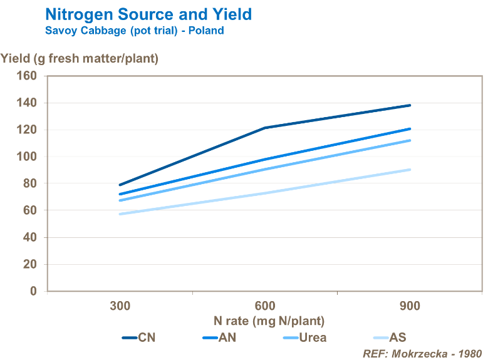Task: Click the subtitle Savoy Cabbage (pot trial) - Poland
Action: [134, 31]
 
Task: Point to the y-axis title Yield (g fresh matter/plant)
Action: [80, 59]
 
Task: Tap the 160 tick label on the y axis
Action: [28, 76]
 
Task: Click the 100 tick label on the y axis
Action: [28, 157]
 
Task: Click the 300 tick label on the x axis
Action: [120, 306]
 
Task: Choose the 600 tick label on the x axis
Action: [265, 306]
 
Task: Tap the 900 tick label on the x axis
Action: [410, 306]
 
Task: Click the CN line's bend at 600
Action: [265, 128]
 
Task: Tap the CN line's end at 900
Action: [410, 105]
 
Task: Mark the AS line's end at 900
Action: [410, 170]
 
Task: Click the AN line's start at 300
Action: [120, 194]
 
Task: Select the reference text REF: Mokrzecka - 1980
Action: [422, 353]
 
